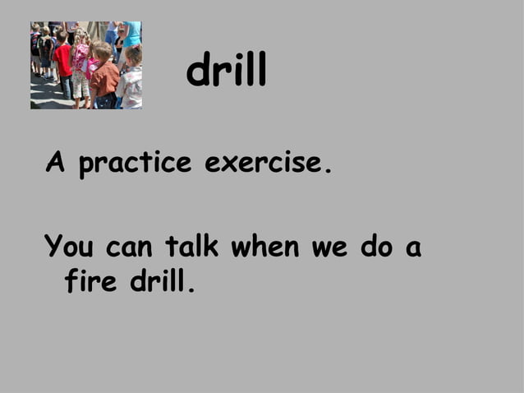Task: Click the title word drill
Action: pos(227,72)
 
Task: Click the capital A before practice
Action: pos(55,163)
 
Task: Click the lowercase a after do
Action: pos(413,247)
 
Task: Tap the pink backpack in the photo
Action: pos(80,57)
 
